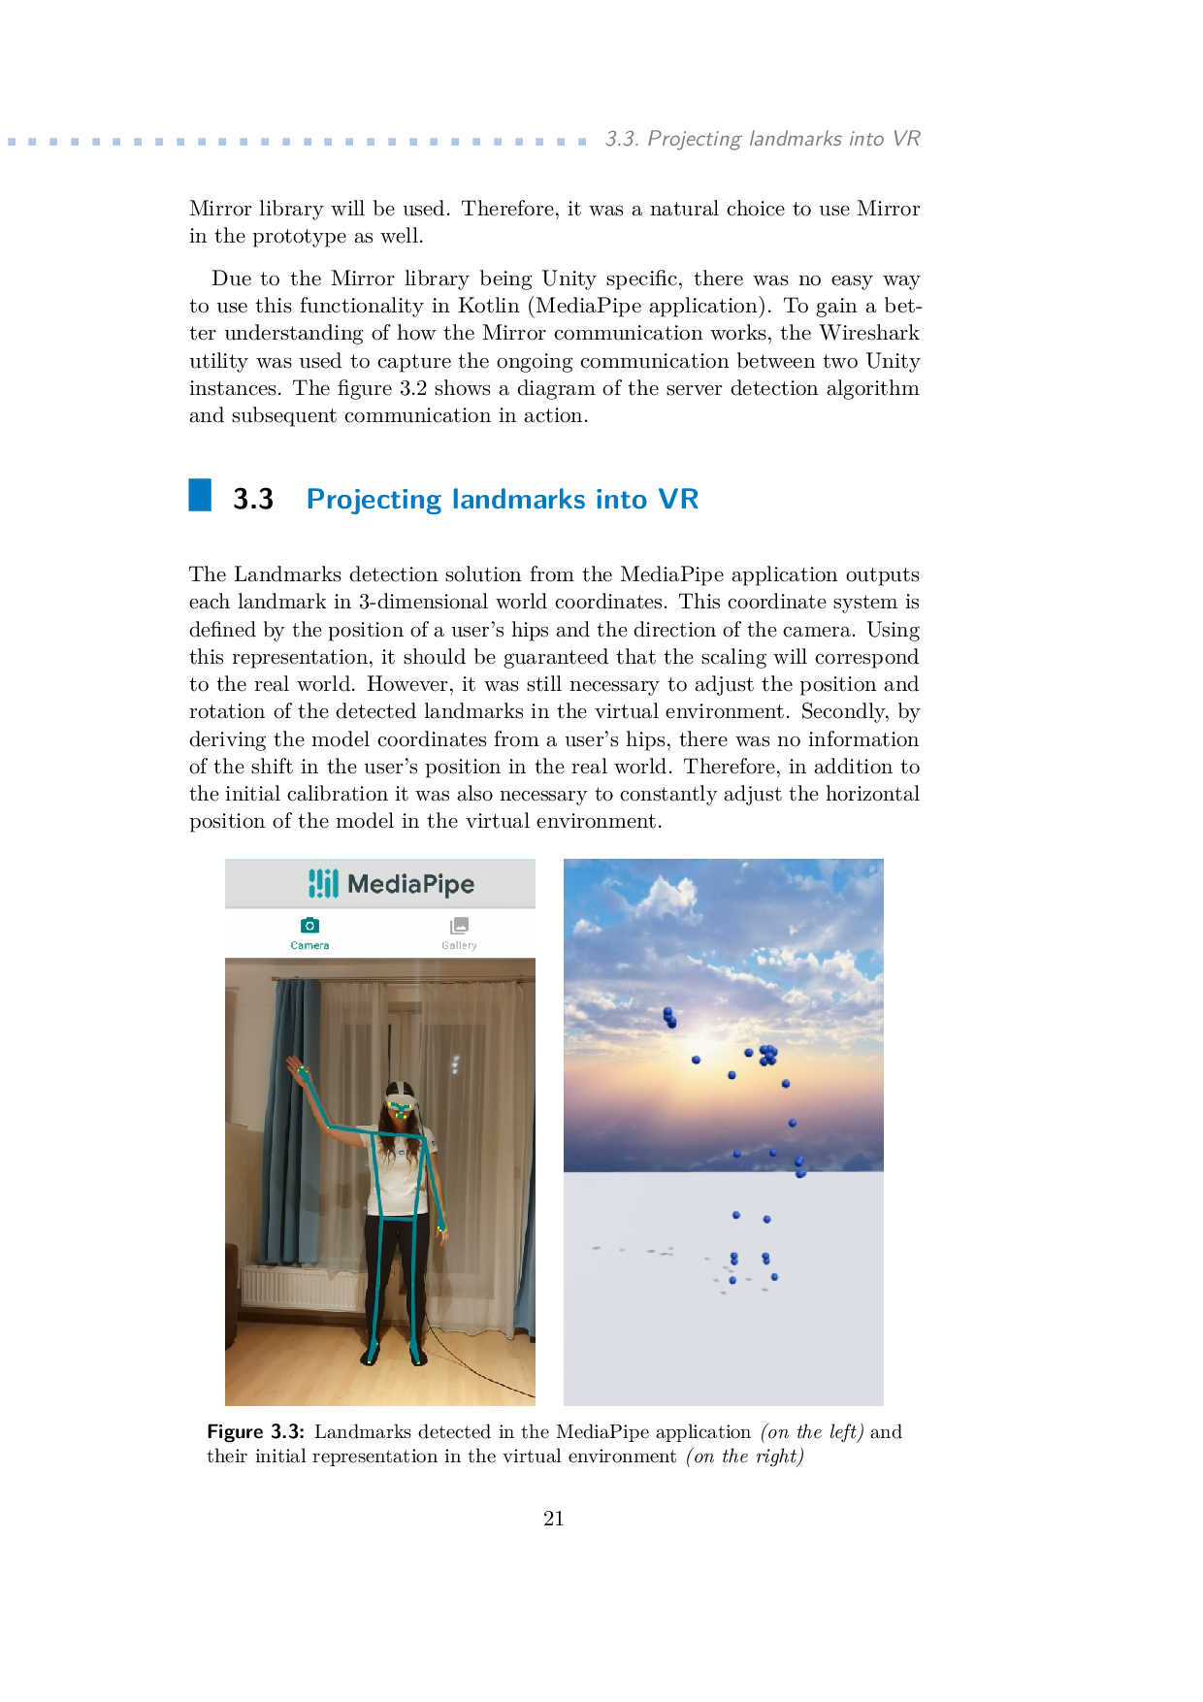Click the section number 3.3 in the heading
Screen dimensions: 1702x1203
[x=252, y=499]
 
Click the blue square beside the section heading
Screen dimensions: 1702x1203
[x=200, y=495]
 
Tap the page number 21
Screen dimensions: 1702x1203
[x=554, y=1519]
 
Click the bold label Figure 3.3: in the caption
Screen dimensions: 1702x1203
[x=256, y=1432]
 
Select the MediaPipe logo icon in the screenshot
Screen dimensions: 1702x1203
[x=323, y=883]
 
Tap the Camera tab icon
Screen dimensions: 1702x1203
[x=309, y=926]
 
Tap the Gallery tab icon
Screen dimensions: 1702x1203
[x=459, y=926]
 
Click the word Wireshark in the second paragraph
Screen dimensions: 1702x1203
[x=869, y=333]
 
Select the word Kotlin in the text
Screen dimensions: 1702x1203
[x=489, y=306]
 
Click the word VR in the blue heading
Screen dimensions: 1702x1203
[x=678, y=499]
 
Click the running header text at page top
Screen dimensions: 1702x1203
[x=763, y=139]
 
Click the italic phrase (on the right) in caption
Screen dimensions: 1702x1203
[x=745, y=1457]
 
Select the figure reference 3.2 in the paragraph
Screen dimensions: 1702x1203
[x=413, y=388]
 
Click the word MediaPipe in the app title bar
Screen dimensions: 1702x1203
[x=410, y=884]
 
